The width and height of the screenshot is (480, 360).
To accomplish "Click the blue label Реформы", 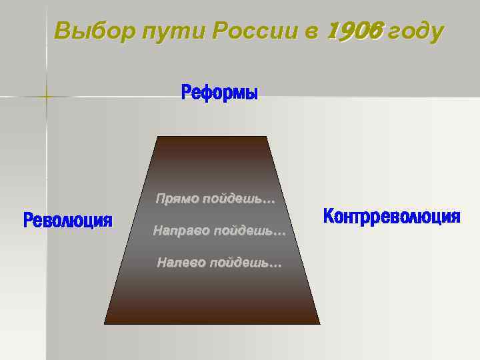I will point(219,93).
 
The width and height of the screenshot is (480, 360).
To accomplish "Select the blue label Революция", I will point(67,221).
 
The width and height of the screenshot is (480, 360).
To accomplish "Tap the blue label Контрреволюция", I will point(391,217).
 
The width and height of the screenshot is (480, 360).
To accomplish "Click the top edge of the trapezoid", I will point(212,137).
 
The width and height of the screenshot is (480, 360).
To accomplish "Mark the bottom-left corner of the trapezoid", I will point(105,323).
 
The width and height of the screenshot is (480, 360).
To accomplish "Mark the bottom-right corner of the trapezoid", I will point(319,323).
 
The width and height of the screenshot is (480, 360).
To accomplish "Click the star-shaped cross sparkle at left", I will point(47,97).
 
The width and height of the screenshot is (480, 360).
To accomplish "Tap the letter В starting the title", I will point(63,30).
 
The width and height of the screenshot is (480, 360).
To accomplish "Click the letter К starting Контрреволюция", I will point(328,217).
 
